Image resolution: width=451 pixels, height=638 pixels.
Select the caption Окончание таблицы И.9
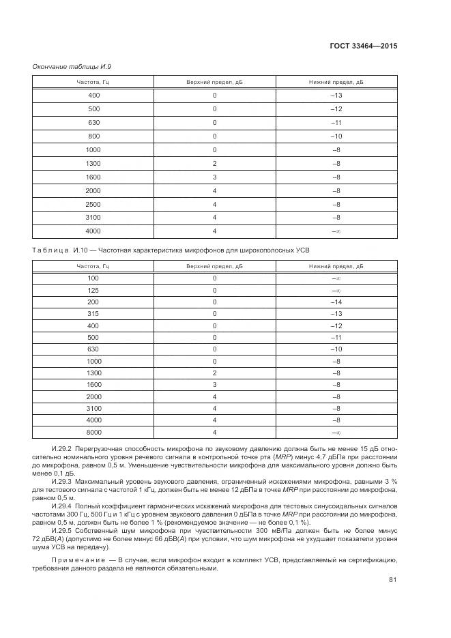[72, 66]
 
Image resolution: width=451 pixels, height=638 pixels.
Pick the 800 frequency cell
[93, 136]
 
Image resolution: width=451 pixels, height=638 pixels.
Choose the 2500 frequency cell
[93, 204]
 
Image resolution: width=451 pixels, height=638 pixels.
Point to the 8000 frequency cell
[93, 432]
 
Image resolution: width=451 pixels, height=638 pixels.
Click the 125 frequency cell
[93, 290]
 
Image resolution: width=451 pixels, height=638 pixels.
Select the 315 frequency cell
[93, 313]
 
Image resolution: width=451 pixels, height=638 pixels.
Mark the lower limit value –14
[336, 302]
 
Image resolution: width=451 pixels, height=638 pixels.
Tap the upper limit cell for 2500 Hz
[214, 204]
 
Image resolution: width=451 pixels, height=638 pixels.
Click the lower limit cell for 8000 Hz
[336, 432]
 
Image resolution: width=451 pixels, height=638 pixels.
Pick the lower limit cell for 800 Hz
[336, 136]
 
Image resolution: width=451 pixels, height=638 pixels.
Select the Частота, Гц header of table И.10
[93, 265]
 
